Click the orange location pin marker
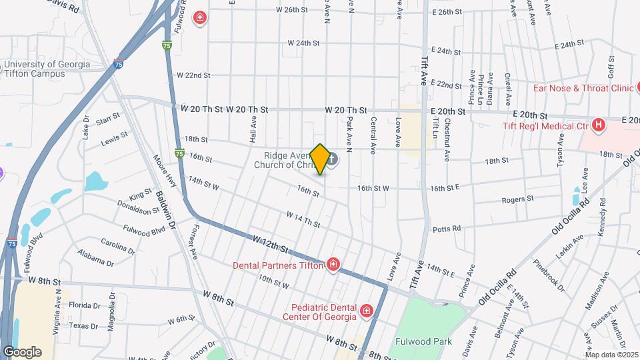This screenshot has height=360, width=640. pos(320,159)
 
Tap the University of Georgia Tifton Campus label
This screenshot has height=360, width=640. pos(47,69)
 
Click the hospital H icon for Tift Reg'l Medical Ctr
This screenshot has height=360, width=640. pos(599,125)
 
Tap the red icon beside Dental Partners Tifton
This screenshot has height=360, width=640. pos(333,265)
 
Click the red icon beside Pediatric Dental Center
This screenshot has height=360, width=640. pos(365,311)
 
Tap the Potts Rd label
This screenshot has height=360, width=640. pos(447,228)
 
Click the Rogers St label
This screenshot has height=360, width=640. pos(518,199)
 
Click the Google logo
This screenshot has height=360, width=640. pos(22,351)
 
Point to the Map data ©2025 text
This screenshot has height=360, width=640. pos(611,355)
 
